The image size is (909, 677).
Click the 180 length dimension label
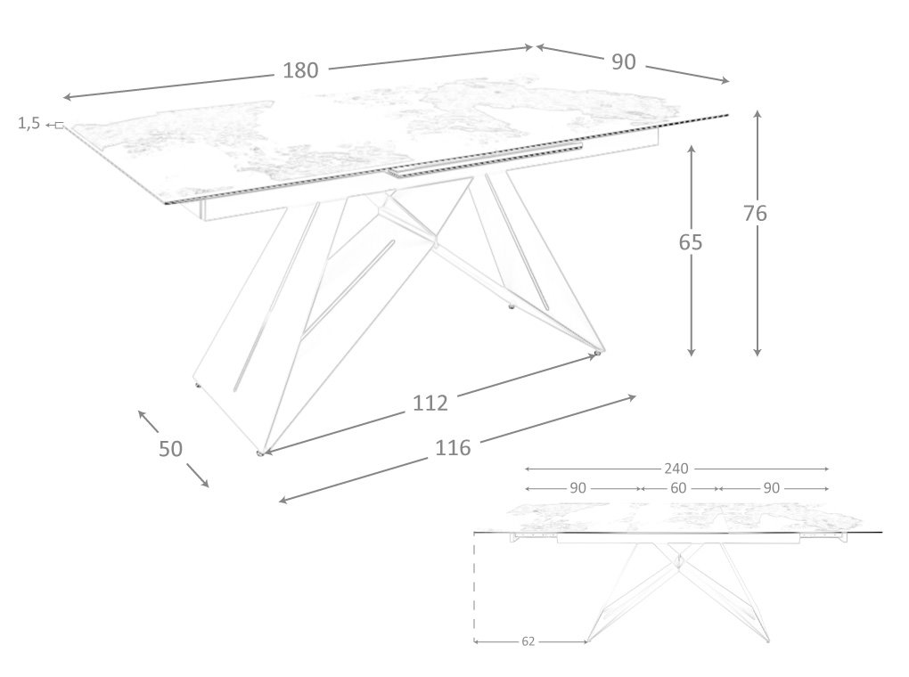[300, 71]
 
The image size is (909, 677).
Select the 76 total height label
[755, 213]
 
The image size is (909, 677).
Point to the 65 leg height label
[691, 241]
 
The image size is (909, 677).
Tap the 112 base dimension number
[430, 403]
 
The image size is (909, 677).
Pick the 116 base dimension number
[453, 447]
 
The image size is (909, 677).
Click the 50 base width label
[170, 449]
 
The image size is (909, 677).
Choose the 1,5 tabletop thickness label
[29, 124]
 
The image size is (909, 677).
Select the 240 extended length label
[676, 469]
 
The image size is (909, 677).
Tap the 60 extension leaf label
[678, 488]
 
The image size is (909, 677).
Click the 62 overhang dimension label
[528, 641]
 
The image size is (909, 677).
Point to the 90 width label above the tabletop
[624, 61]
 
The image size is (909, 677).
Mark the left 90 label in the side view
[577, 488]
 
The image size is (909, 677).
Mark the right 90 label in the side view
[772, 488]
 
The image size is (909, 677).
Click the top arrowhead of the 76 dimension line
[757, 114]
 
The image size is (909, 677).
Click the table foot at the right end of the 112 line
[597, 355]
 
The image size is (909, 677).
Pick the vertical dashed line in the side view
[475, 588]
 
